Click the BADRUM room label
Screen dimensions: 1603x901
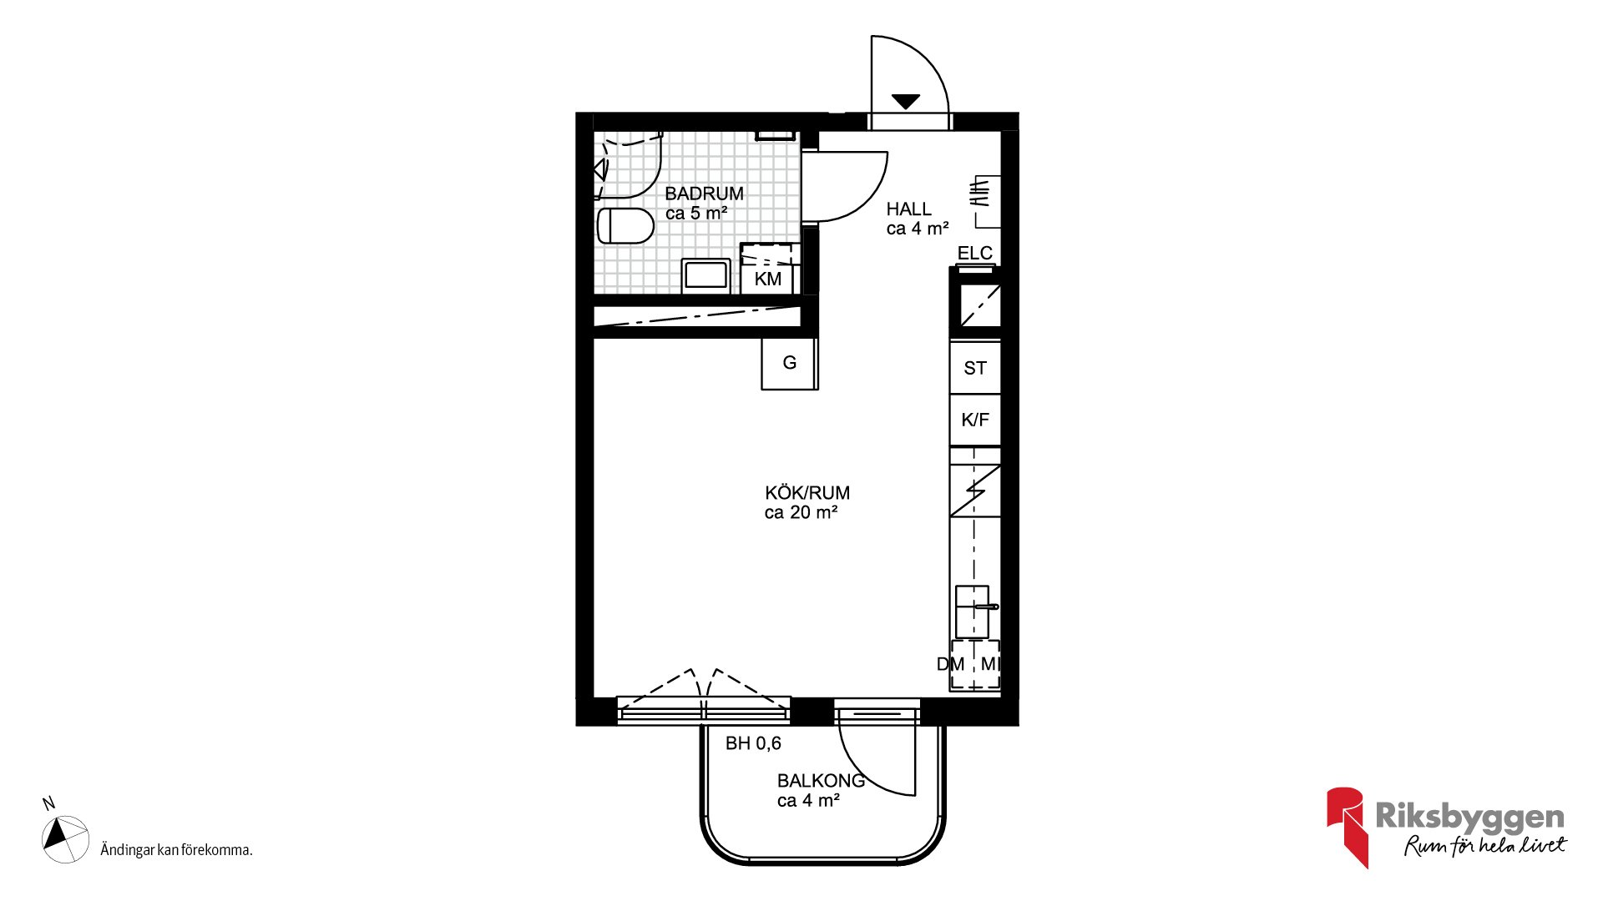pyautogui.click(x=704, y=194)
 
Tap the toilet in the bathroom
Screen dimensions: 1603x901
pyautogui.click(x=625, y=225)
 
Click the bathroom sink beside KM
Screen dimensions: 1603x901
pyautogui.click(x=706, y=276)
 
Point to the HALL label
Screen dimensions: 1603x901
pyautogui.click(x=908, y=209)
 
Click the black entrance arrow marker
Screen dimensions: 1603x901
pyautogui.click(x=906, y=102)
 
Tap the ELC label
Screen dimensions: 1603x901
pyautogui.click(x=974, y=253)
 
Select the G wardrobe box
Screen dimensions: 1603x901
pyautogui.click(x=789, y=364)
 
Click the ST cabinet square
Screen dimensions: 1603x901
pyautogui.click(x=975, y=368)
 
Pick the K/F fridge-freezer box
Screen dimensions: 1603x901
pyautogui.click(x=975, y=420)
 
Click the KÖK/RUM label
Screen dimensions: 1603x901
pyautogui.click(x=807, y=493)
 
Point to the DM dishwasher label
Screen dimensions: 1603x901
pyautogui.click(x=950, y=664)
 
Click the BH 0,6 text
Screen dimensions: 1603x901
pyautogui.click(x=753, y=743)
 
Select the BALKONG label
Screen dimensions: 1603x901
pyautogui.click(x=821, y=781)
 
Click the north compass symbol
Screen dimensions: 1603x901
pyautogui.click(x=65, y=838)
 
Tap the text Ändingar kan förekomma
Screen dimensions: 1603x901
pyautogui.click(x=176, y=850)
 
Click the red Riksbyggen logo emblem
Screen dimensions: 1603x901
pyautogui.click(x=1347, y=827)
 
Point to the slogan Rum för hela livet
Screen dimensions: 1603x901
pyautogui.click(x=1485, y=846)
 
